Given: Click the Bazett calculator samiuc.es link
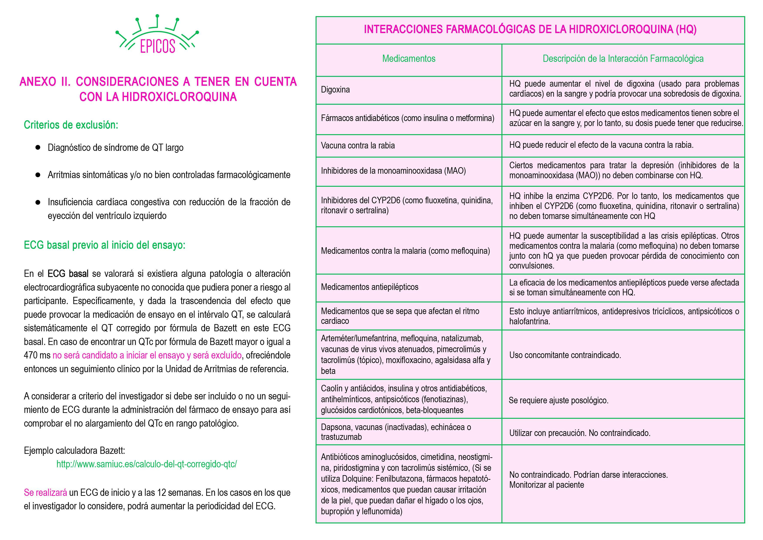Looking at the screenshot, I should [x=147, y=464].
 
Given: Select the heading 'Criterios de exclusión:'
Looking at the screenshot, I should [x=71, y=125].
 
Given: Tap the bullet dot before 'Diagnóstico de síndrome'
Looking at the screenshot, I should [x=38, y=147].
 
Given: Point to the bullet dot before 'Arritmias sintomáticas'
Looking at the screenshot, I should [x=38, y=175].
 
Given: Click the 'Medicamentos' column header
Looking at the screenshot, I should [x=408, y=59].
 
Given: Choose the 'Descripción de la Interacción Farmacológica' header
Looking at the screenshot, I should [x=623, y=59].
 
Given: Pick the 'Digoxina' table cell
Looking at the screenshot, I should [x=335, y=90].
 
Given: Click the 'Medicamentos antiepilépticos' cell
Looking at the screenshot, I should [x=370, y=287].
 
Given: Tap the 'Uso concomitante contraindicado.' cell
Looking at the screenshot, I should [x=565, y=355].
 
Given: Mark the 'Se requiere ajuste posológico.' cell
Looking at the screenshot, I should [x=558, y=400].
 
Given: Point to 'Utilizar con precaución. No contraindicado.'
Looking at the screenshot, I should [x=580, y=433].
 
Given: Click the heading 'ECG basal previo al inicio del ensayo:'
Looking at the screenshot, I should [x=104, y=245].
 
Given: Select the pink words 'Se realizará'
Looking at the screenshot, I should [x=45, y=493].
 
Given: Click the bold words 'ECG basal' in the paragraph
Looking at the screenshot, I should [x=68, y=274].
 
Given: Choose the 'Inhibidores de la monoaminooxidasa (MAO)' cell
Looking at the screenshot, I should [x=393, y=171].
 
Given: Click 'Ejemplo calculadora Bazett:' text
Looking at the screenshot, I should [x=74, y=451].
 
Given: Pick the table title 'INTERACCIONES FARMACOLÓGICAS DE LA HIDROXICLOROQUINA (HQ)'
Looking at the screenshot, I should [x=530, y=30].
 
